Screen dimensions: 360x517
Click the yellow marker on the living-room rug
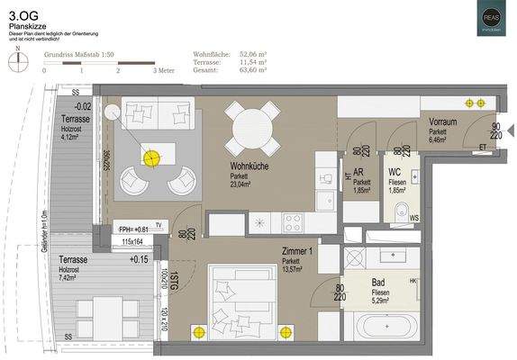coord(150,157)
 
